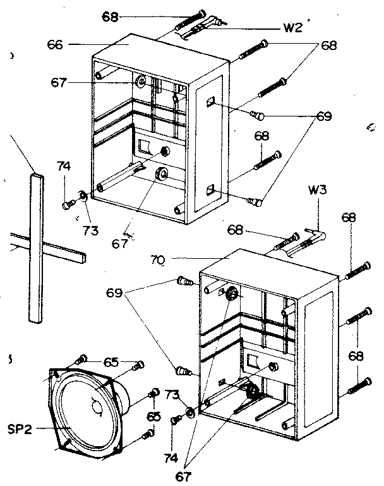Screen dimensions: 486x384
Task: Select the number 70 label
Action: click(159, 258)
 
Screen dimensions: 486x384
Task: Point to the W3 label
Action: click(317, 189)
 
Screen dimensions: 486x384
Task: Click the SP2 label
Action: click(21, 429)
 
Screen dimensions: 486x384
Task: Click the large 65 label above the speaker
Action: click(111, 362)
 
